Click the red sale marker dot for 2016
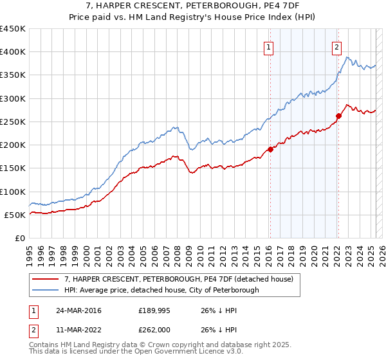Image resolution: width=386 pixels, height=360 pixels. coord(270,149)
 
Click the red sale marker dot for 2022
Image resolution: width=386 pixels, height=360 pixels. coord(338,116)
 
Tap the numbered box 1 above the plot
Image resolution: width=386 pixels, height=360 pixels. coord(268,46)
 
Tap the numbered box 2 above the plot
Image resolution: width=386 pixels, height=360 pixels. coord(336,46)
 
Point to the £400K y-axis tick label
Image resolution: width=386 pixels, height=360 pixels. coord(13,52)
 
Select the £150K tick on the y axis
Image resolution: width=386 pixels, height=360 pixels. coord(13,168)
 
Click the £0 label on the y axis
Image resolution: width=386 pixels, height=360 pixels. coord(19,239)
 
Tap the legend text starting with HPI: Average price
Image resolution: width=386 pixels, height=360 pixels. coord(161,291)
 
